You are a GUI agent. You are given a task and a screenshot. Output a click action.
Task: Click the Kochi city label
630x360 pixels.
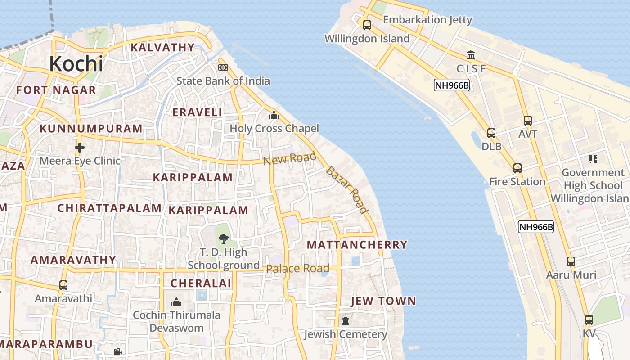[76, 63]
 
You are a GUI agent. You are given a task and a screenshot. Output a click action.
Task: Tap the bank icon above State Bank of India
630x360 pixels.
[223, 67]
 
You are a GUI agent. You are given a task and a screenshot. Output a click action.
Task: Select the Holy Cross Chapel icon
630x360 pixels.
[274, 116]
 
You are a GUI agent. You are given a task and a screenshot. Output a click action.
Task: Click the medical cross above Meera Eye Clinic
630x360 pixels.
[80, 148]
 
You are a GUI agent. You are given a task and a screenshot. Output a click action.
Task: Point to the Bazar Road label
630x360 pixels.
[347, 189]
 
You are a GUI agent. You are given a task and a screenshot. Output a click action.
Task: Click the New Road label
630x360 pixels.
[290, 158]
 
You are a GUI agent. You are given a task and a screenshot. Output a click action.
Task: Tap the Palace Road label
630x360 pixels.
[297, 269]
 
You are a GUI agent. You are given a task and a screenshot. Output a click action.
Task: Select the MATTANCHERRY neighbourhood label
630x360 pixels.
[357, 245]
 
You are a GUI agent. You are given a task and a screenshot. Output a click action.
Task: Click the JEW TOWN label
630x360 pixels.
[383, 301]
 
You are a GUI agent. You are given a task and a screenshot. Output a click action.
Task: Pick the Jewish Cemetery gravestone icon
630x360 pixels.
[345, 321]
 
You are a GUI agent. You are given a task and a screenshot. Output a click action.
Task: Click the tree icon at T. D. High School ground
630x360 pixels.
[223, 239]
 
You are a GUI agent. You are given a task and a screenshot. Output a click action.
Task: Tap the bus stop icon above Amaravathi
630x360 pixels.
[63, 285]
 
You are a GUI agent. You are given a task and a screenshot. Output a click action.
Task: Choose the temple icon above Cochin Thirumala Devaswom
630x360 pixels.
[176, 301]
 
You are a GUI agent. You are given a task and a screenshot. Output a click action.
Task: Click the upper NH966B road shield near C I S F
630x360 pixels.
[451, 85]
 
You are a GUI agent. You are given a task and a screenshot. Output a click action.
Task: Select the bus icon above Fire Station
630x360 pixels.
[517, 168]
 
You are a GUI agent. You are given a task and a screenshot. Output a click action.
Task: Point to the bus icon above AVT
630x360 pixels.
[528, 121]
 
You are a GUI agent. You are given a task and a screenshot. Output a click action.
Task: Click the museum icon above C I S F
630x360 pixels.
[471, 55]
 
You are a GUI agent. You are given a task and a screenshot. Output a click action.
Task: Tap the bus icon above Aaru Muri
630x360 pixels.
[571, 261]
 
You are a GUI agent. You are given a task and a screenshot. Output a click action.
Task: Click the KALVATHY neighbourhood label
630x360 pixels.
[162, 47]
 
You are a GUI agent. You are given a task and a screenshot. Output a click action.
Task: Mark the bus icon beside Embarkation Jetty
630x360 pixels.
[367, 25]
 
